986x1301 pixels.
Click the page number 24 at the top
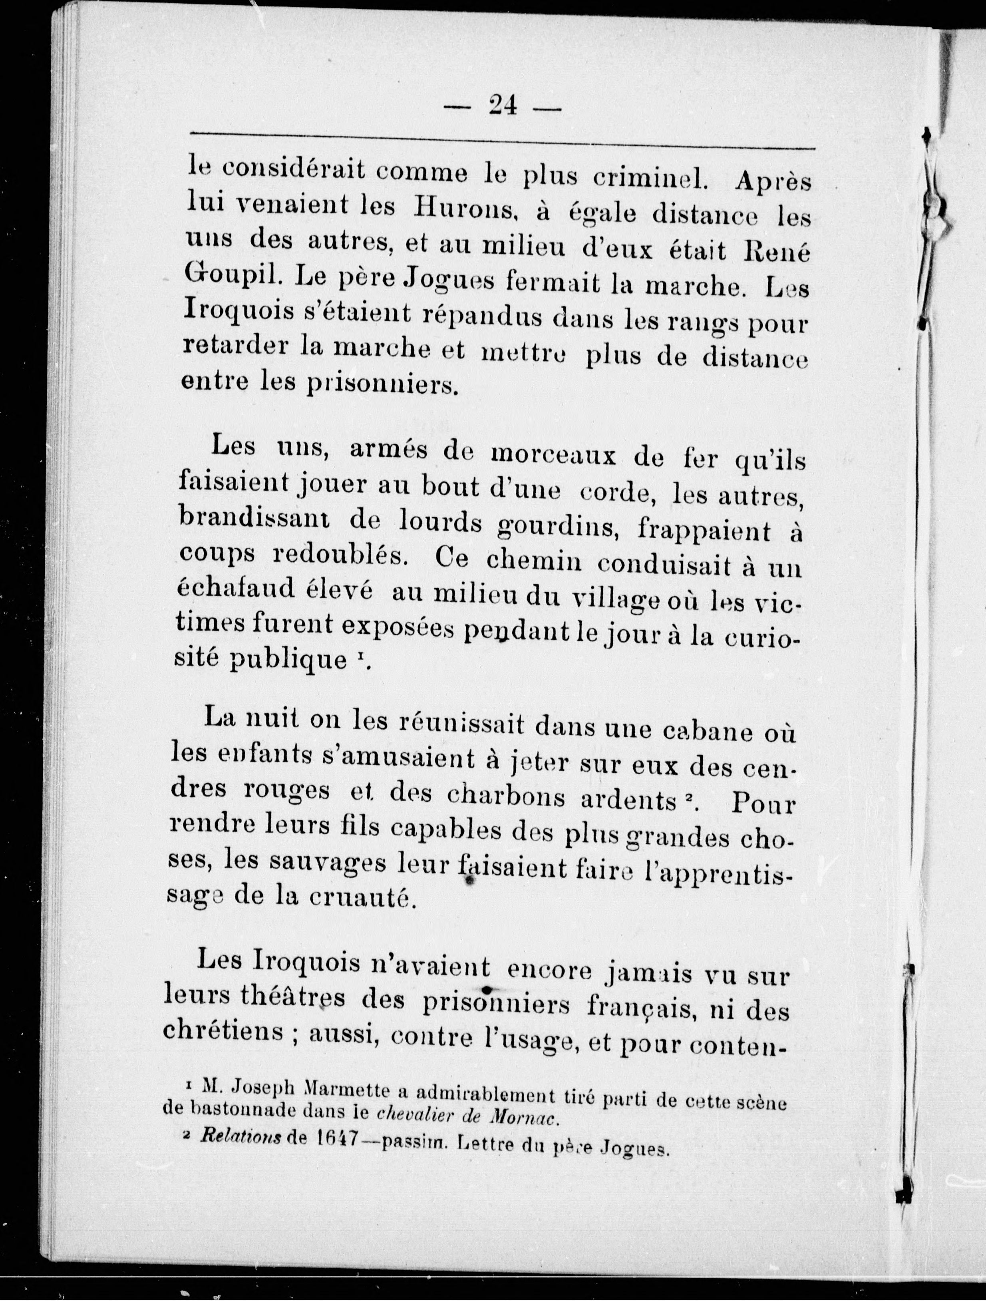tap(502, 106)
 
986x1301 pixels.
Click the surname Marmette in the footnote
tap(346, 1091)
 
